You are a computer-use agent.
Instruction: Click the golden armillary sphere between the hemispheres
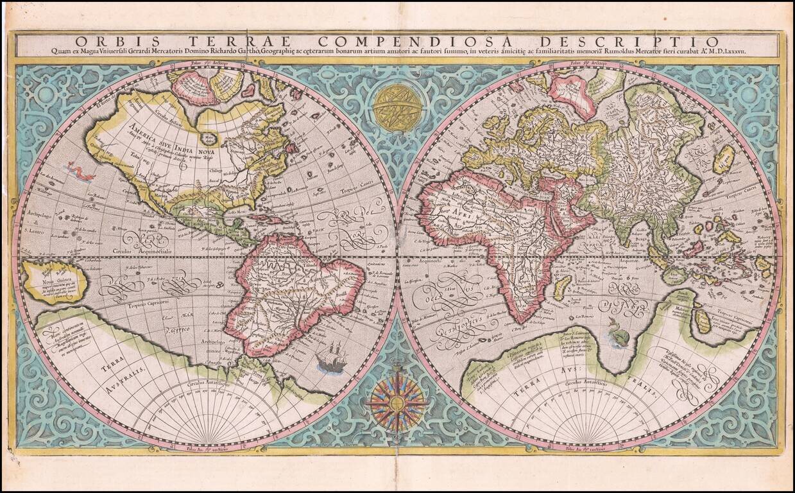point(397,107)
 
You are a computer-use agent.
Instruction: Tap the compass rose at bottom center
point(397,403)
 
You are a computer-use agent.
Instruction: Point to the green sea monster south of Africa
point(618,334)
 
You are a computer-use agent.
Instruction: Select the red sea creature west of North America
point(81,171)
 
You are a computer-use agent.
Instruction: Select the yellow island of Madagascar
point(562,287)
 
